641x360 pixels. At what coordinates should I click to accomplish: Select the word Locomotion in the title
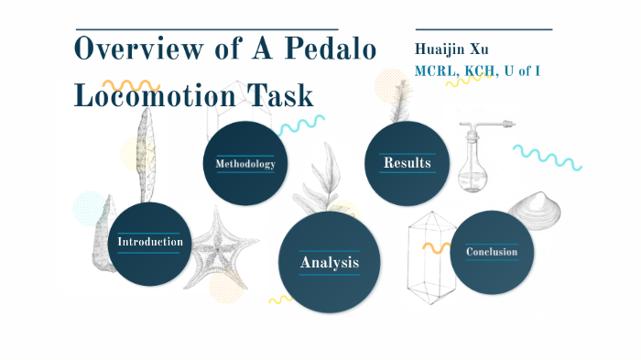coord(158,94)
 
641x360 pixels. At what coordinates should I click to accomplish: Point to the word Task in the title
coord(282,94)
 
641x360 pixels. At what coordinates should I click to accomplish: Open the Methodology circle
coord(244,163)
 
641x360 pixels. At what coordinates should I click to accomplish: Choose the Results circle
coord(407,163)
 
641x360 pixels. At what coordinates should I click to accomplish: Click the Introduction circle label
coord(150,242)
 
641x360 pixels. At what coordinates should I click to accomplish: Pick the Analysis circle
coord(329,263)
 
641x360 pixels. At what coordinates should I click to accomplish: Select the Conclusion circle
coord(492,252)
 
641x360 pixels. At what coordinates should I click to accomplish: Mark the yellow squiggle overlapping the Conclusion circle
coord(435,247)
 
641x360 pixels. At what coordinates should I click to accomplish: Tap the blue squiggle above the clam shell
coord(548,157)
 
